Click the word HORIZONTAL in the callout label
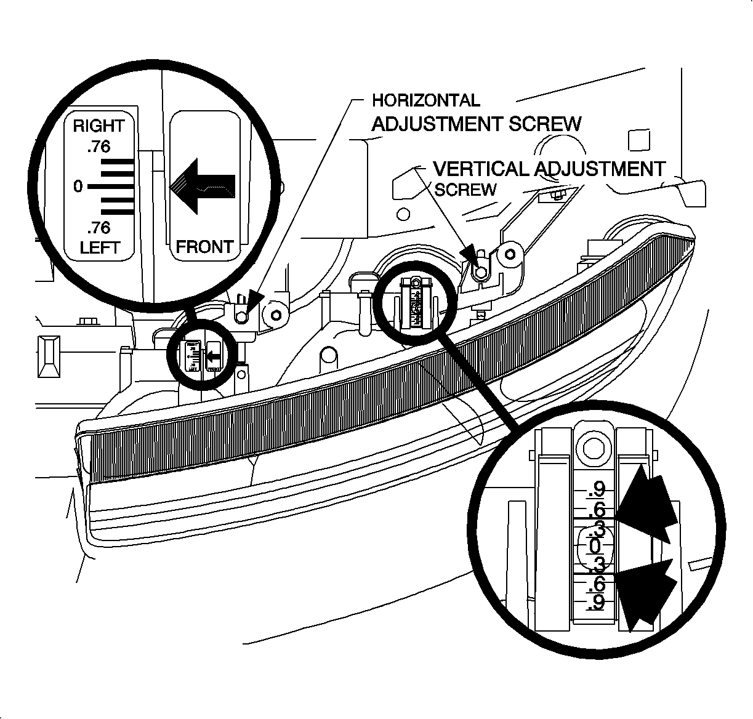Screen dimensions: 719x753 (425, 100)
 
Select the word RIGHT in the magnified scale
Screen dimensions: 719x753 (99, 126)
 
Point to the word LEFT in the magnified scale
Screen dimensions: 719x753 (99, 248)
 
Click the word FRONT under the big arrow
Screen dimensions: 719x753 (204, 247)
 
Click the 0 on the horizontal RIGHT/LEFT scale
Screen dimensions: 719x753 (78, 185)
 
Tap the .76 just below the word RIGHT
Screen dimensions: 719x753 (99, 147)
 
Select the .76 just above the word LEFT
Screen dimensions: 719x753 (99, 228)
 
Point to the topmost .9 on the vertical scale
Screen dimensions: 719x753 (596, 490)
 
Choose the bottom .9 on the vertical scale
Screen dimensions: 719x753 (596, 603)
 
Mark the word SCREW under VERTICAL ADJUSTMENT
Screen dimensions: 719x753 (465, 190)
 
